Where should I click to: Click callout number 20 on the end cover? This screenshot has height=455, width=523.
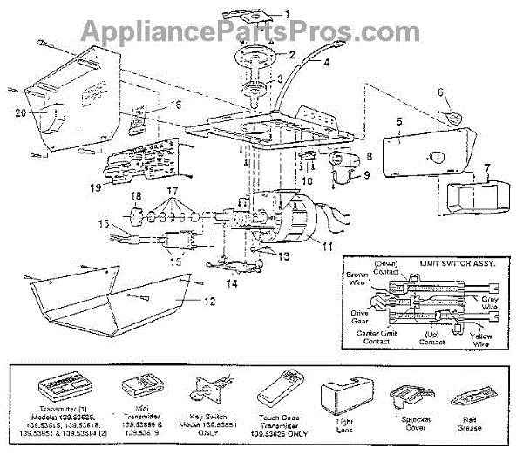(x=20, y=112)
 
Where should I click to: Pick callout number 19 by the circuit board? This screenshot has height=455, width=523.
(x=94, y=187)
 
